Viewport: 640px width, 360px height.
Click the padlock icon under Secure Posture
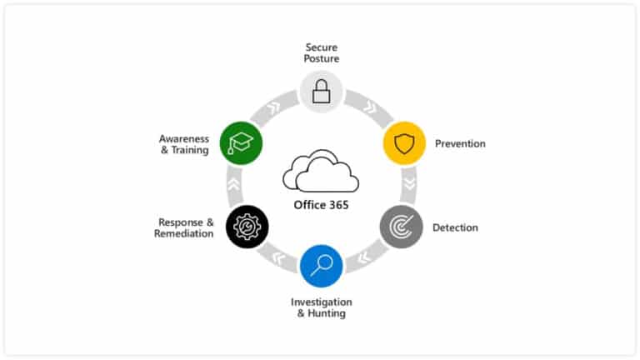tap(321, 92)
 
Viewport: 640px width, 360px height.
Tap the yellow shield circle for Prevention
tap(404, 143)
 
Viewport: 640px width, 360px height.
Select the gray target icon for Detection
tap(401, 227)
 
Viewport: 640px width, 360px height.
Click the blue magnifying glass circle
tap(321, 266)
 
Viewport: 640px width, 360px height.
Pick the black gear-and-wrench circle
tap(247, 227)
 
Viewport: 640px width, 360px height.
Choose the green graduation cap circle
tap(241, 143)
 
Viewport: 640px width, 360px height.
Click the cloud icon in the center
tap(321, 171)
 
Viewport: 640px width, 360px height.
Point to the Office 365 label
tap(321, 205)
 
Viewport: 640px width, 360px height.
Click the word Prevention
tap(460, 143)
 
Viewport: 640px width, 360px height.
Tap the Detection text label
tap(455, 227)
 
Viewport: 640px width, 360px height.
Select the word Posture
tap(321, 59)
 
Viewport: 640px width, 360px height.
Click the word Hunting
tap(327, 313)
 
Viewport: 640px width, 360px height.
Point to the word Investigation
tap(321, 302)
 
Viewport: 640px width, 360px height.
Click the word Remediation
tap(183, 233)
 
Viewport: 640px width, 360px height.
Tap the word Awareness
tap(183, 139)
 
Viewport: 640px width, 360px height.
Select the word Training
tap(190, 150)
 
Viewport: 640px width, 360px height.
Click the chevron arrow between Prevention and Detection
tap(409, 184)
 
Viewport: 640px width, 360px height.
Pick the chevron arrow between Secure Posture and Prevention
tap(370, 107)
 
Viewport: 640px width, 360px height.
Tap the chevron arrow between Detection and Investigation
tap(363, 257)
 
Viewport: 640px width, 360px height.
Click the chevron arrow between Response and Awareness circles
tap(234, 184)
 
